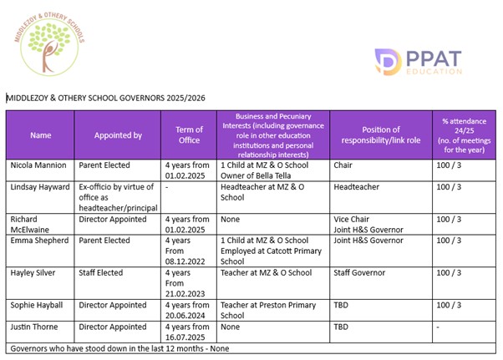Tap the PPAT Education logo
click(419, 62)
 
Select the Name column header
click(40, 134)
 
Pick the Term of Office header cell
click(189, 134)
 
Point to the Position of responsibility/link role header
click(381, 134)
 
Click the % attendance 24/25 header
click(463, 134)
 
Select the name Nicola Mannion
click(38, 165)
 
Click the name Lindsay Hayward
click(39, 186)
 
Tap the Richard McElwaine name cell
click(30, 225)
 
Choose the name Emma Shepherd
click(38, 241)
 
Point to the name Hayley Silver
click(33, 272)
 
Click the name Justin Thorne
click(35, 327)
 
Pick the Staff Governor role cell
click(360, 272)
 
